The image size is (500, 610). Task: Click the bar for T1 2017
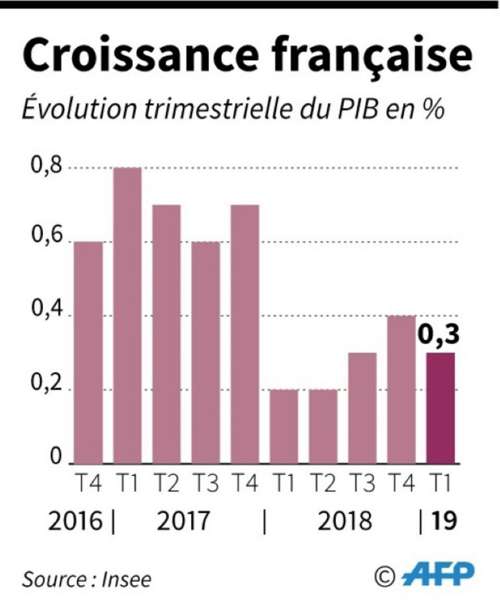[x=127, y=316]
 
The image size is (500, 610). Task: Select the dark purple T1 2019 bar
[x=440, y=409]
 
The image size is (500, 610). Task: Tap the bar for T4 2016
[x=88, y=353]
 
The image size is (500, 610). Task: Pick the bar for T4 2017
[x=244, y=334]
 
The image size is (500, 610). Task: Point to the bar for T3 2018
[x=361, y=409]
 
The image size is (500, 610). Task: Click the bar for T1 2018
[x=283, y=427]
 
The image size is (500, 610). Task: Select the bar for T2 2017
[x=166, y=334]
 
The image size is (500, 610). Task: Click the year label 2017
[x=184, y=521]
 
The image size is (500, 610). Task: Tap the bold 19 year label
[x=442, y=521]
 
